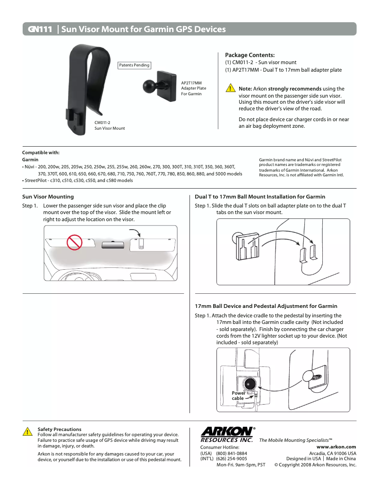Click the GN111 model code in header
(x=40, y=29)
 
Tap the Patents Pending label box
(x=134, y=65)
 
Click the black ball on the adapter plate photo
(x=150, y=86)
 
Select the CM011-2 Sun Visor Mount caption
(x=110, y=125)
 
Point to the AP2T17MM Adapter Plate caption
(x=194, y=88)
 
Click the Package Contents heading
(x=250, y=55)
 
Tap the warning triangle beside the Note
(x=230, y=89)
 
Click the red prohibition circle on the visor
(x=74, y=242)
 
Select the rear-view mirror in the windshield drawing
(x=113, y=244)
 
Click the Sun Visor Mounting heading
(x=48, y=197)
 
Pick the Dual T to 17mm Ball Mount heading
(x=260, y=197)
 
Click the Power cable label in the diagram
(x=238, y=396)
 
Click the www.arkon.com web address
(x=336, y=447)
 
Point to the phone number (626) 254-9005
(x=232, y=458)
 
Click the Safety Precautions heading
(x=60, y=429)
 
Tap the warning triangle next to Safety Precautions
(x=28, y=431)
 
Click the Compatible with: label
(x=41, y=152)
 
